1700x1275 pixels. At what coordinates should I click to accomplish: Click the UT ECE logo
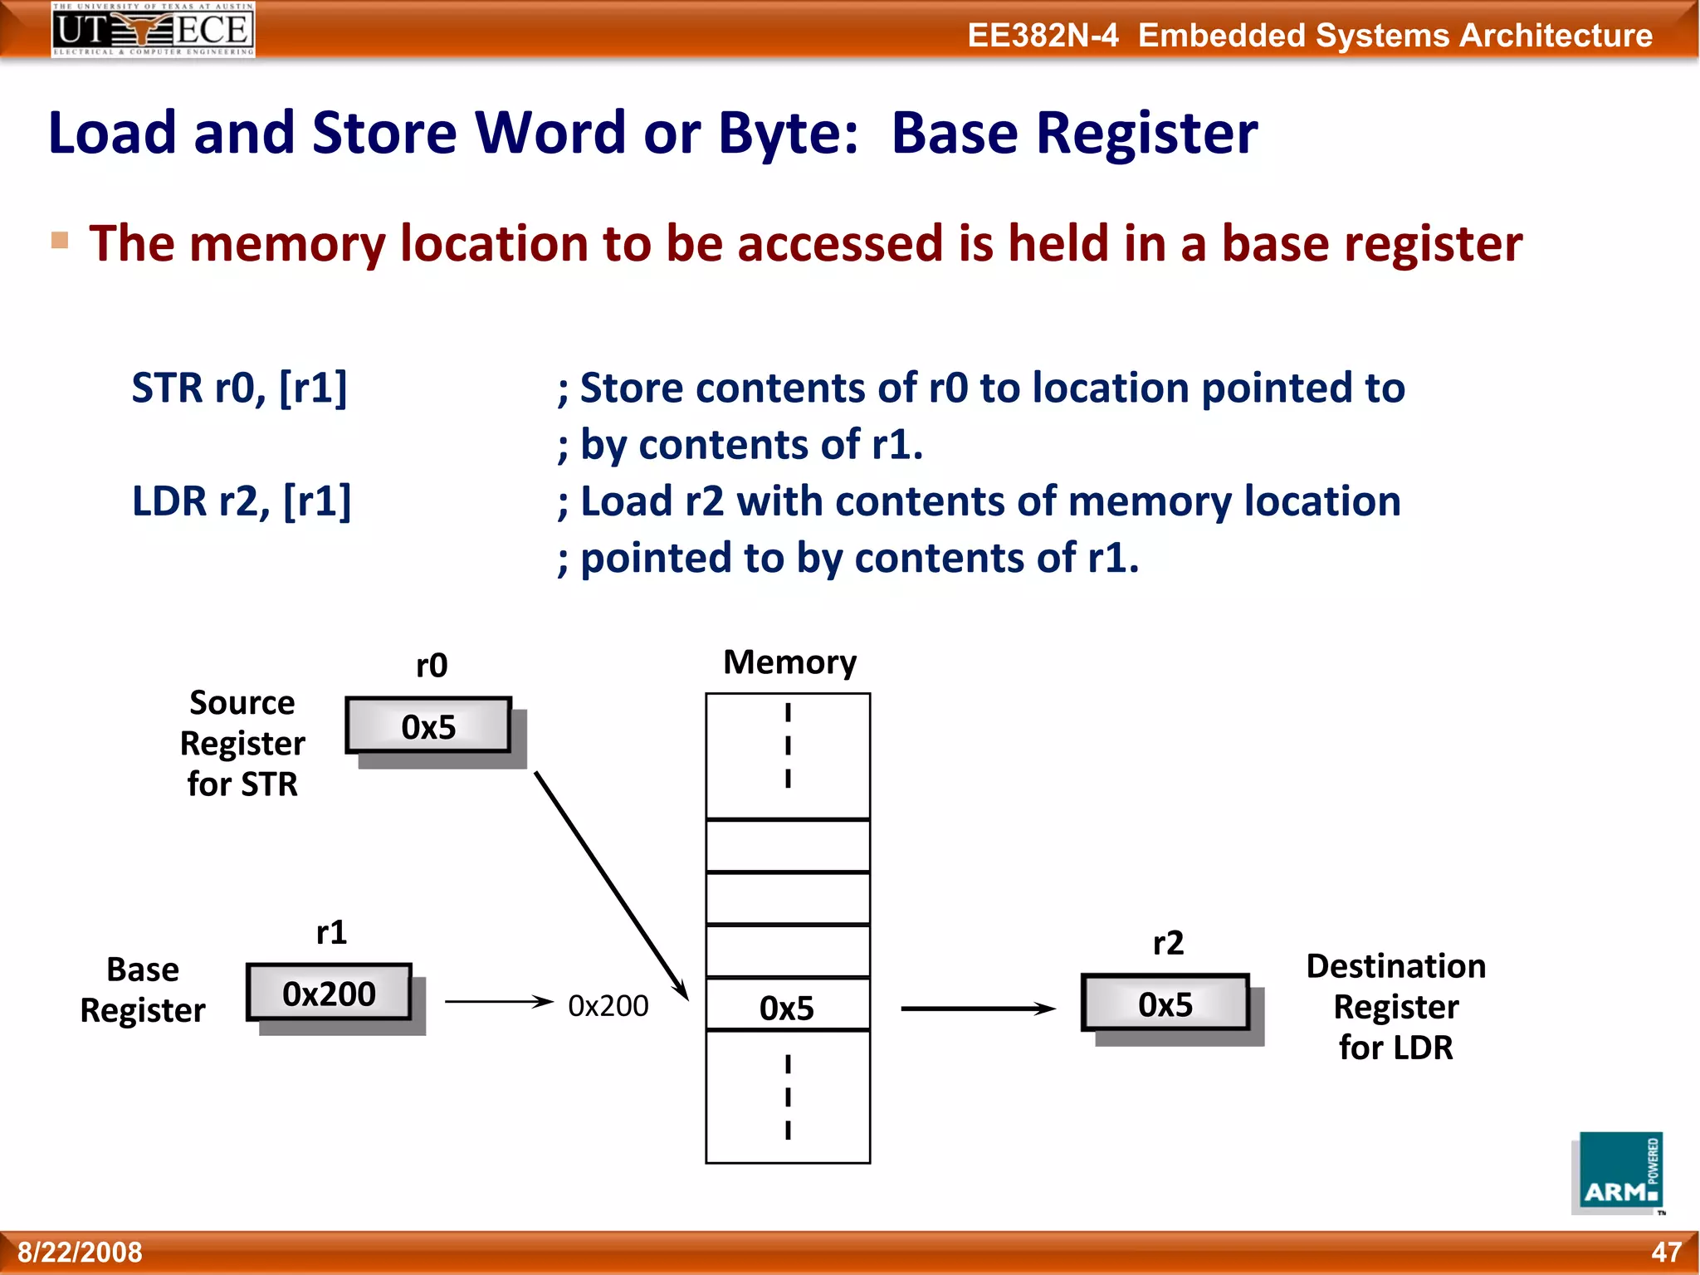(x=153, y=29)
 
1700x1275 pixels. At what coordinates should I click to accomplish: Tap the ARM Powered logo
(x=1619, y=1172)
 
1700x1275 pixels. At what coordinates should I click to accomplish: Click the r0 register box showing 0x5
(x=428, y=726)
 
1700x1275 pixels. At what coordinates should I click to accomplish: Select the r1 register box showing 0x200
(x=329, y=993)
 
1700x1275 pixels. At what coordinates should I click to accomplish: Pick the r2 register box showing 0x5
(x=1165, y=1004)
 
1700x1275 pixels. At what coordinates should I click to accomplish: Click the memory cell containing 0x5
(x=787, y=1006)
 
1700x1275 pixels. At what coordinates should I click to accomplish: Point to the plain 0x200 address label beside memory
(x=608, y=1005)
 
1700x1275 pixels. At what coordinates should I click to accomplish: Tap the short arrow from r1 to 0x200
(x=498, y=1002)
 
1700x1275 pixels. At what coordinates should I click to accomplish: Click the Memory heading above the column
(x=789, y=662)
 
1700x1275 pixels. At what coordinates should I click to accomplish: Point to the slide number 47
(x=1666, y=1252)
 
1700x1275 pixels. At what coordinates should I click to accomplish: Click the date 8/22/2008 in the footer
(x=81, y=1252)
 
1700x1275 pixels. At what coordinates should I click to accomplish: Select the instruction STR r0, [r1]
(x=240, y=388)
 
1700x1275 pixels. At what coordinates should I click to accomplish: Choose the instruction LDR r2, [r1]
(x=242, y=501)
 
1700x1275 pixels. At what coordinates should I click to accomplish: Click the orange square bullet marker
(x=60, y=241)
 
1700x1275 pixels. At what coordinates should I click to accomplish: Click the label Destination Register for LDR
(x=1395, y=1006)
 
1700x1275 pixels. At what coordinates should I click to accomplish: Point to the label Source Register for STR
(x=242, y=743)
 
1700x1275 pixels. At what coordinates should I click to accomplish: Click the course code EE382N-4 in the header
(x=1043, y=36)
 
